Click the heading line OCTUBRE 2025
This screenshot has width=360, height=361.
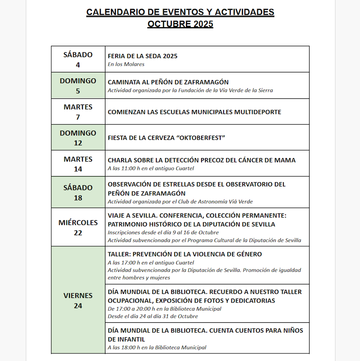(x=180, y=24)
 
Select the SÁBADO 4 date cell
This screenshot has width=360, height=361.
(x=78, y=59)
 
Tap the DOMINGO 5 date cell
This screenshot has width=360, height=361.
(x=78, y=86)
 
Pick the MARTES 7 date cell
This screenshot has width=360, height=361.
(x=78, y=112)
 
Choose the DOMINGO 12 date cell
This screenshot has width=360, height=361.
(x=78, y=138)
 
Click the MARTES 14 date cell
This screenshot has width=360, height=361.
(x=78, y=164)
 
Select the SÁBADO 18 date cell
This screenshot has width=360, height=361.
(x=78, y=192)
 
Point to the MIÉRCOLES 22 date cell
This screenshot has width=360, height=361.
(x=78, y=228)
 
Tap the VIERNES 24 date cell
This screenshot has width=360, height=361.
(x=78, y=300)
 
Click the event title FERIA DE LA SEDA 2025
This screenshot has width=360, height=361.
(x=143, y=56)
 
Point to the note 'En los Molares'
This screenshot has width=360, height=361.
(x=126, y=64)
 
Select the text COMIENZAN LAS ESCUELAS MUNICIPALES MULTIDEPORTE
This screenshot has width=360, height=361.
(x=194, y=112)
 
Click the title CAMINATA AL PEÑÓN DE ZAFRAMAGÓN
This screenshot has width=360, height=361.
(x=168, y=82)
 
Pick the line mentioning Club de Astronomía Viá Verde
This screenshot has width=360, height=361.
(x=180, y=202)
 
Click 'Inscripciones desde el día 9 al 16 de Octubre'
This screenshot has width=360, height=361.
(x=163, y=233)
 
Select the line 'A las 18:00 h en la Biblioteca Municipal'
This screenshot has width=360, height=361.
(x=157, y=347)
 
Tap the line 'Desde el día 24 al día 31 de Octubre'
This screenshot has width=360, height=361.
(x=152, y=317)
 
